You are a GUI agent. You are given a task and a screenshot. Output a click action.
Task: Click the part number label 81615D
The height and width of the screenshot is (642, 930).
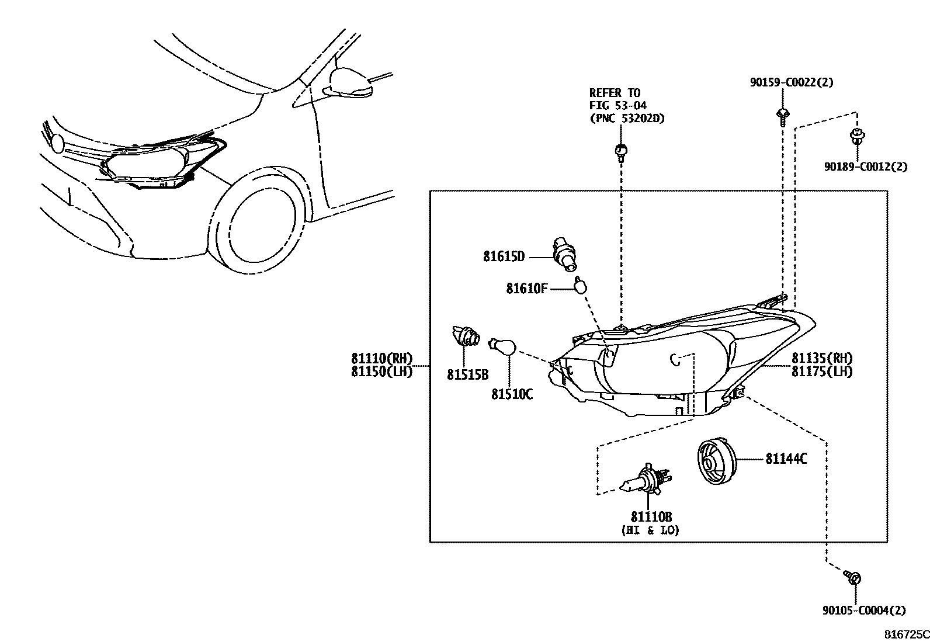coord(504,256)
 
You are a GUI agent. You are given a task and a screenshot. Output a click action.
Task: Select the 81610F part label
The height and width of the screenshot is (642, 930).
coord(526,288)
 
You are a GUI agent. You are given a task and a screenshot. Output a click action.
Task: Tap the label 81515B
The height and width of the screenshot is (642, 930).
coord(467,374)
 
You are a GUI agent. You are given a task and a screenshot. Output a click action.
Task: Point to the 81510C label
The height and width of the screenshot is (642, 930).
coord(512,394)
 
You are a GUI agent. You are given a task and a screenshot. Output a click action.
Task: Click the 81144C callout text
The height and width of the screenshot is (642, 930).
coord(786,459)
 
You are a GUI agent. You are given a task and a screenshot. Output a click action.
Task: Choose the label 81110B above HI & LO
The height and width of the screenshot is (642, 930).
coord(651,517)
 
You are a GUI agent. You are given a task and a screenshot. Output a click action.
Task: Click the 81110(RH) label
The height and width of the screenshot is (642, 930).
coord(381,359)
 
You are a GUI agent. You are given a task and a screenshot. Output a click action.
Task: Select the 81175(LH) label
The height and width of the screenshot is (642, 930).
coord(822,372)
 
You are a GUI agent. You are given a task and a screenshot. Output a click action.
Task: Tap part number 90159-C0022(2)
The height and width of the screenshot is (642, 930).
coord(792,82)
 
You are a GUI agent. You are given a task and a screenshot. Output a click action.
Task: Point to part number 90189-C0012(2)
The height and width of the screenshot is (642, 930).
coord(866,166)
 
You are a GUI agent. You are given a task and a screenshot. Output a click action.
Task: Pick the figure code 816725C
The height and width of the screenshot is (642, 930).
coord(906,634)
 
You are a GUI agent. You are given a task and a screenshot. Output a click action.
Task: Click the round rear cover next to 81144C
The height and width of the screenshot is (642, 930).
coord(715,461)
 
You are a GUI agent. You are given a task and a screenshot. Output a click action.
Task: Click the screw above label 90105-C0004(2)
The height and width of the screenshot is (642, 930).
coord(853,578)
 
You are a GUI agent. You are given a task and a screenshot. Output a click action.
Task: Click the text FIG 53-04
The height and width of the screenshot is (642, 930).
coord(617,105)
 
